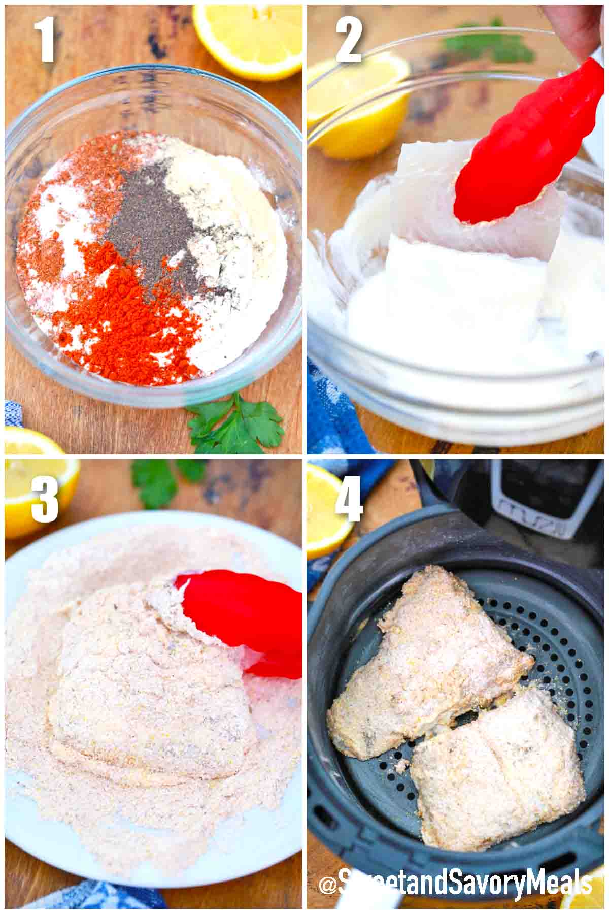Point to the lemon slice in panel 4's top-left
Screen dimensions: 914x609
[x=327, y=508]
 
